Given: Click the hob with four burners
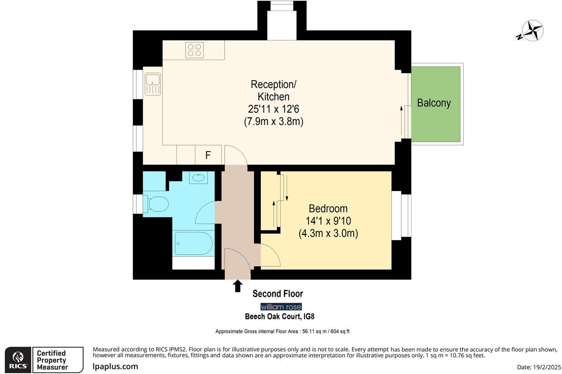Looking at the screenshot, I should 195,50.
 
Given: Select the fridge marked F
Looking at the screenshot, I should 208,155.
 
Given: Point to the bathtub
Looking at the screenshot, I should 193,244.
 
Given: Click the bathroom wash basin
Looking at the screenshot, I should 199,178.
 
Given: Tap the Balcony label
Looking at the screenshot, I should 433,103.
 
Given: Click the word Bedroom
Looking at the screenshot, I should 328,209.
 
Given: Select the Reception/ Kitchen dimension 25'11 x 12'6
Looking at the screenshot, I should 273,109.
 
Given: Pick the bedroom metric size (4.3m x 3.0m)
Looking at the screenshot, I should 328,233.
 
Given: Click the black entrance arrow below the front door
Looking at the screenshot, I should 237,286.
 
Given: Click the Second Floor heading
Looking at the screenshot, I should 278,293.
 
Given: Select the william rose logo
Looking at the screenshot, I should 281,307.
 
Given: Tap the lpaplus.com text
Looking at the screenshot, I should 115,367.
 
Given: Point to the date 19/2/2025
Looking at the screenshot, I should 539,367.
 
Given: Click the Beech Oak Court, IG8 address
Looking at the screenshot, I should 279,316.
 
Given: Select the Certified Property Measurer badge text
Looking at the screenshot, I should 53,360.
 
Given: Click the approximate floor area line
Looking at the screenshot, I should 282,332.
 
